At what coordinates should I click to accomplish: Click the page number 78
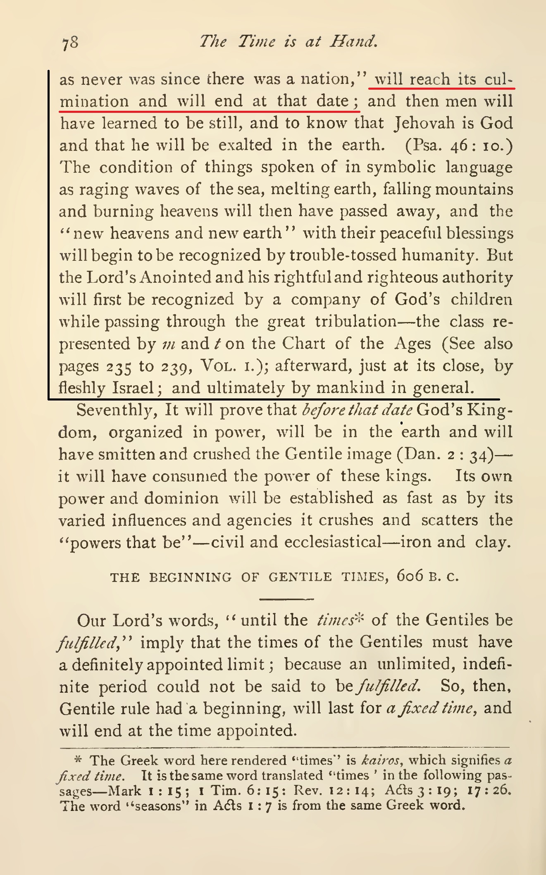(x=70, y=42)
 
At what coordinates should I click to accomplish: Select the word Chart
(x=303, y=343)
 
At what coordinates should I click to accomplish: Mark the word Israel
(x=133, y=388)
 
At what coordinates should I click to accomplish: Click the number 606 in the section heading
(x=410, y=576)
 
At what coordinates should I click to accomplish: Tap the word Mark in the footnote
(x=124, y=791)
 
